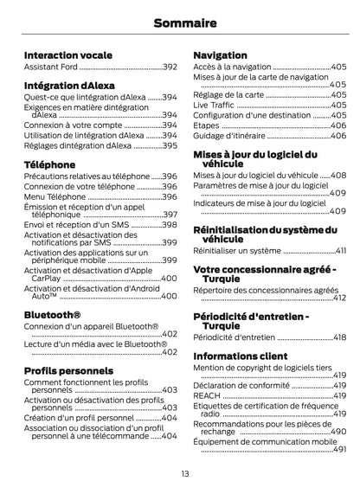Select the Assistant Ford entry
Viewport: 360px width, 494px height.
coord(51,67)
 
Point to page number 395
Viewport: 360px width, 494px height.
coord(170,146)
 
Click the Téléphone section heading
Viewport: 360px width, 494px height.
coord(49,164)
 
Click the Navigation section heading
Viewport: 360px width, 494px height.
coord(220,55)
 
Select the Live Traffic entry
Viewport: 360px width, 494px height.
coord(214,104)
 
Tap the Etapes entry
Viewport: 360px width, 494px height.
coord(208,125)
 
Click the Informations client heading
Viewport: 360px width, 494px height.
coord(240,356)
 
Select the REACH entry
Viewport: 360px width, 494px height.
coord(207,400)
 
